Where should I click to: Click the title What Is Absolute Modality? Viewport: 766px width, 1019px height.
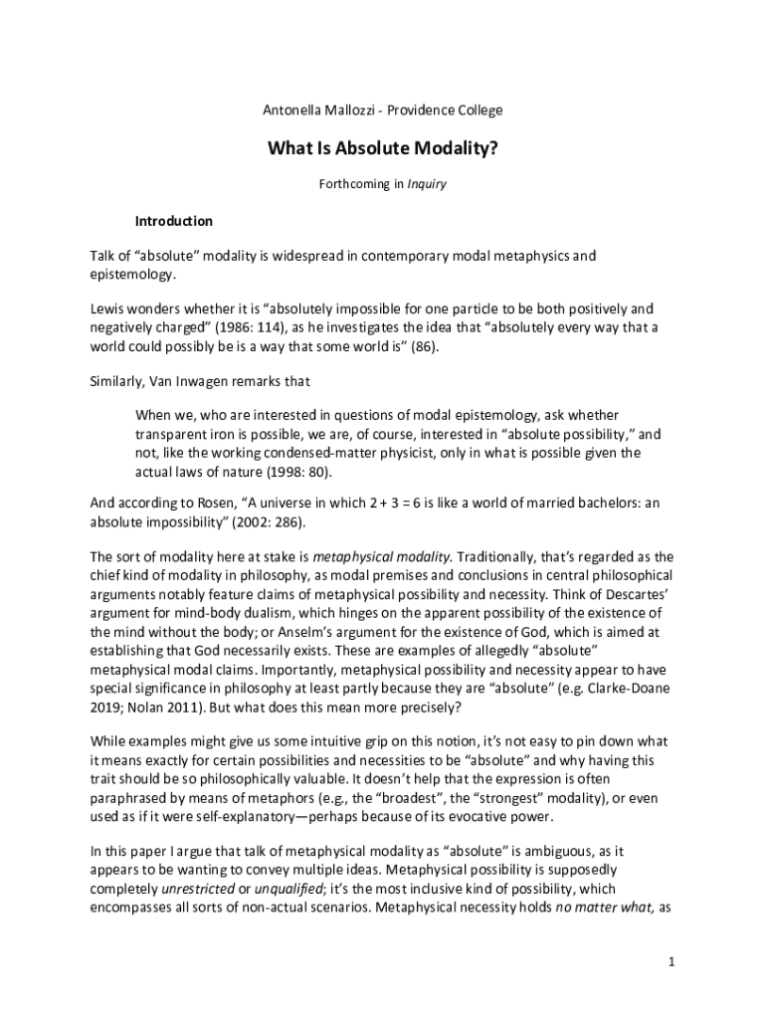click(x=382, y=149)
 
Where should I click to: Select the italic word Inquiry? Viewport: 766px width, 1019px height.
click(x=427, y=184)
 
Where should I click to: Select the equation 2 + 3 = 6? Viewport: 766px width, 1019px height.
click(x=362, y=504)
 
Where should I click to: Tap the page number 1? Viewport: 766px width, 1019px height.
click(x=672, y=963)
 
